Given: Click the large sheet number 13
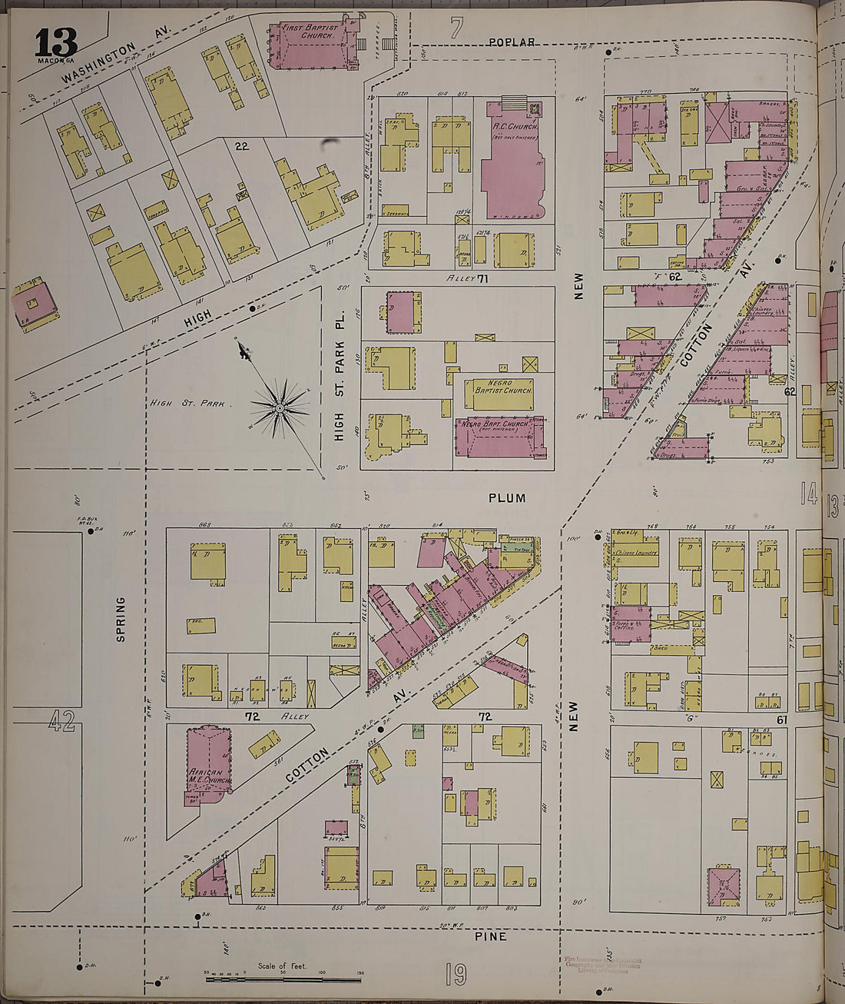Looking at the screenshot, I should (55, 42).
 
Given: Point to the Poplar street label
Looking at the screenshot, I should (512, 42).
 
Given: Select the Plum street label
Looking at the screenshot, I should (507, 498).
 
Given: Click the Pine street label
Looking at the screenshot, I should (490, 936).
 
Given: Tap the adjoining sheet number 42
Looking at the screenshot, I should (61, 721).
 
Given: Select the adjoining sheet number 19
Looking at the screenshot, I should (456, 975).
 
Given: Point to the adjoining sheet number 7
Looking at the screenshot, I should (457, 29).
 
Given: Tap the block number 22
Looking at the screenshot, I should (241, 146).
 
